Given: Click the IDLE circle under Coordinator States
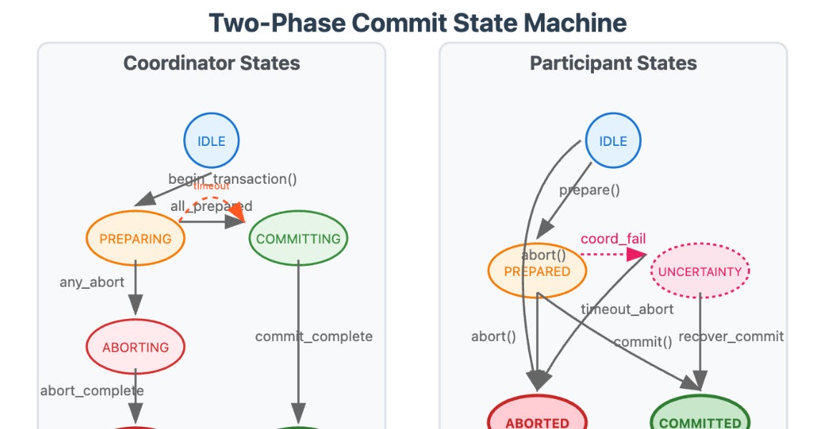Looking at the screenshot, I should [211, 141].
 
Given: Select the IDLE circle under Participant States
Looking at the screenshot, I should [613, 141].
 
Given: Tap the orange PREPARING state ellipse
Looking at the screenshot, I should [135, 239].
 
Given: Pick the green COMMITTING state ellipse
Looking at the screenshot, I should [298, 239].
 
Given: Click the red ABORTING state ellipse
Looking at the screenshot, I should [135, 347].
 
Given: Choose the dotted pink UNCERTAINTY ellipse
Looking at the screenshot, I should [700, 272].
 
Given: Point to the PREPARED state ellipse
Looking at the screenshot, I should [537, 272].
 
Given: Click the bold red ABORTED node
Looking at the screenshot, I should [537, 421].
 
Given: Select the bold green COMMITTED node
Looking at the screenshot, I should [700, 421].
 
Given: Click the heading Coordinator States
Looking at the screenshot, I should [211, 63].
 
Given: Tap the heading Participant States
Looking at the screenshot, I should [613, 63].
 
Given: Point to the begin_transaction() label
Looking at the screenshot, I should [233, 179].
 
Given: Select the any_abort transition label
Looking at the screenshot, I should [92, 282].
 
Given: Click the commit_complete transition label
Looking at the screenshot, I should [313, 336].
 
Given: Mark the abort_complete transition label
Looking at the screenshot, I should [92, 390].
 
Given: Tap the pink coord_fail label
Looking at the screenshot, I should [613, 239].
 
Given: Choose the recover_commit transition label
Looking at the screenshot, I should [731, 336].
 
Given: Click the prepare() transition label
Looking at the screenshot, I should [589, 190].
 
